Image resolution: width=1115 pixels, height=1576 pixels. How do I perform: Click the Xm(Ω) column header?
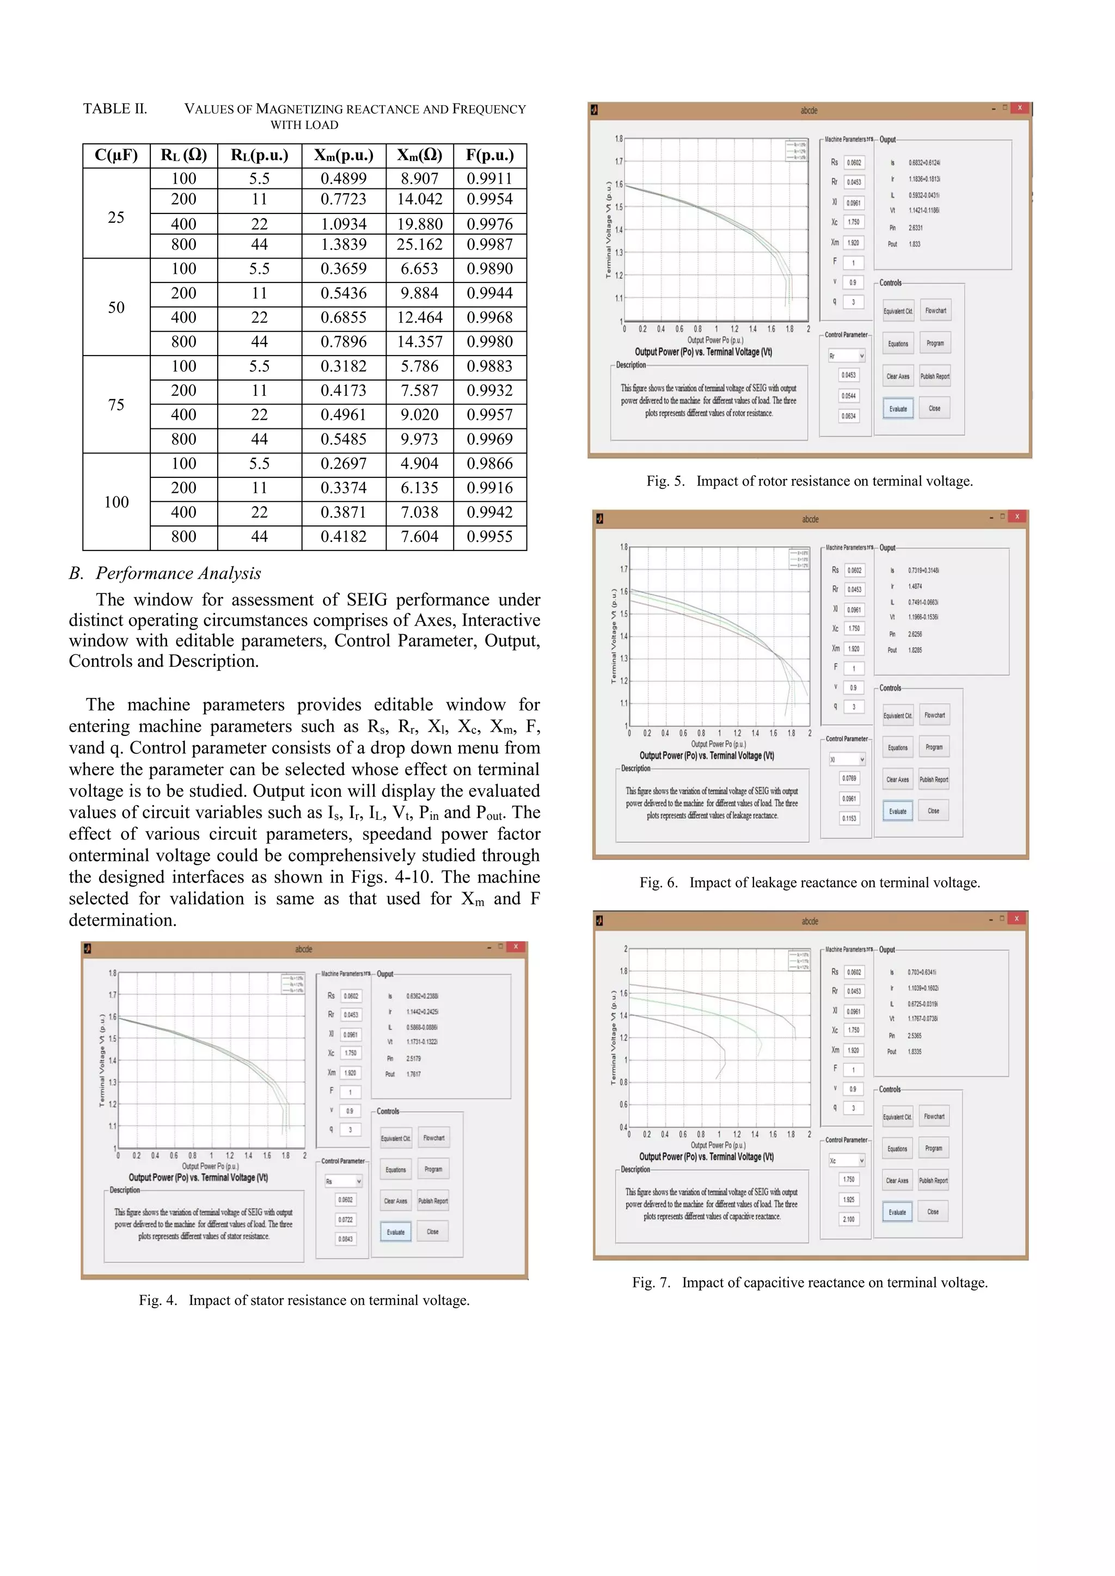(x=420, y=155)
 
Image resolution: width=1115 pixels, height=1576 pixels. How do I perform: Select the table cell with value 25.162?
(x=420, y=244)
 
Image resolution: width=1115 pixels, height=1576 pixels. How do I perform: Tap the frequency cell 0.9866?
(x=489, y=463)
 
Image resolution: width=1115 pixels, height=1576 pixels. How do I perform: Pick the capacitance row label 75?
(x=116, y=404)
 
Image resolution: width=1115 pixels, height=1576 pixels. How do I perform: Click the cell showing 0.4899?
(x=344, y=179)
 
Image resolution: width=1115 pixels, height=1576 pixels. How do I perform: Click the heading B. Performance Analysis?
(x=165, y=573)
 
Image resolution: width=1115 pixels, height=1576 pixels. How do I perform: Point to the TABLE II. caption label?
(x=115, y=108)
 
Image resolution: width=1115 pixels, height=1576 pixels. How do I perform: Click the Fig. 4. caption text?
(x=304, y=1300)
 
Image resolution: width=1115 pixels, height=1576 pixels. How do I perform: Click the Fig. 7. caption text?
(x=810, y=1282)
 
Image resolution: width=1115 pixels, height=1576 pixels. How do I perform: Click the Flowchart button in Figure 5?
(x=935, y=311)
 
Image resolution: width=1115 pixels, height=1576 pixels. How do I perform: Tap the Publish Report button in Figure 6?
(x=934, y=779)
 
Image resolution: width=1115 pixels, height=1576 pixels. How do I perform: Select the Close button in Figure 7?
(x=933, y=1211)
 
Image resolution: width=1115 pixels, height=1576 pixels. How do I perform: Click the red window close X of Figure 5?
(x=1020, y=108)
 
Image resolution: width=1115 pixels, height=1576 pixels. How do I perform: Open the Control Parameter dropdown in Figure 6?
(x=847, y=759)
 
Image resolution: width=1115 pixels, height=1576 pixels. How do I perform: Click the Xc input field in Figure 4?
(x=350, y=1053)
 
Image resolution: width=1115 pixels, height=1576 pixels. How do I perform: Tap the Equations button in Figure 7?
(x=897, y=1148)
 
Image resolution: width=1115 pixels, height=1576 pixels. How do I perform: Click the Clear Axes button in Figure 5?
(x=897, y=376)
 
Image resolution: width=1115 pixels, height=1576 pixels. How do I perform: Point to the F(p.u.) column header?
(x=489, y=155)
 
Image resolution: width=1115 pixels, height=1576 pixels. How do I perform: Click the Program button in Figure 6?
(x=934, y=747)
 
